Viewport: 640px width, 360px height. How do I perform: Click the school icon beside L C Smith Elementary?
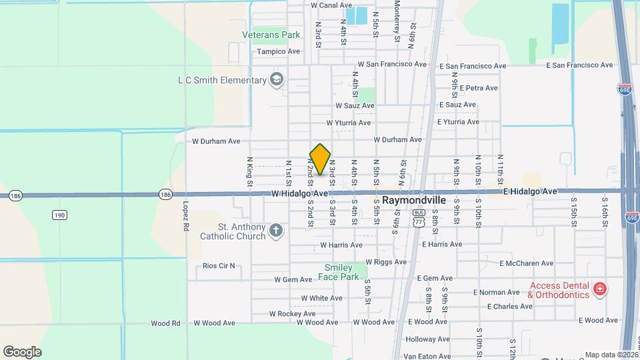click(276, 81)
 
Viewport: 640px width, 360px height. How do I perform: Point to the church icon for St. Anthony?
click(276, 231)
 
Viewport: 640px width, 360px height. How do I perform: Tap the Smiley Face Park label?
click(341, 272)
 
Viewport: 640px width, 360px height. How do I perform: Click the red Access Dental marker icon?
click(600, 288)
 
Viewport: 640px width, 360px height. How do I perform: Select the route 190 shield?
click(60, 215)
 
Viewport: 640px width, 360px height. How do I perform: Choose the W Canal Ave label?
click(331, 5)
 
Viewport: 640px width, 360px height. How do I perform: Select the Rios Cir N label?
click(219, 266)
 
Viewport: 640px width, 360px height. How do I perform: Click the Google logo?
click(22, 352)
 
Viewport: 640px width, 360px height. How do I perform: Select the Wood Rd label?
click(165, 323)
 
